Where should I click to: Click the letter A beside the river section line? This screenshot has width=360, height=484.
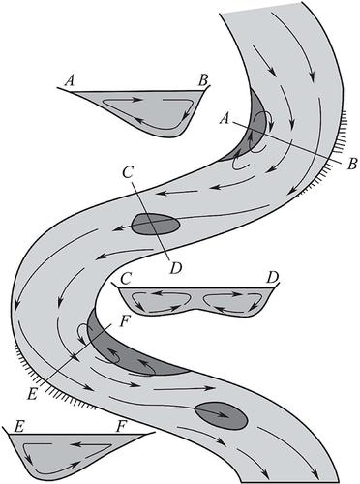225,119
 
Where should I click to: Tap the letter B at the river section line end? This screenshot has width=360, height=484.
352,164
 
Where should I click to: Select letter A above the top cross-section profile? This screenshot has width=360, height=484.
70,80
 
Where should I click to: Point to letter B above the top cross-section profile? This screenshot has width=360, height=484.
203,80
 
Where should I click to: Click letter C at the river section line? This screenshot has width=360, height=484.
128,173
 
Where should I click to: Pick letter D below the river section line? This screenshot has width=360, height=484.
176,268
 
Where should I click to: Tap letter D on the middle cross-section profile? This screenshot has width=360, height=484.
273,277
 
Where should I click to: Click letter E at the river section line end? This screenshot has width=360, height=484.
32,395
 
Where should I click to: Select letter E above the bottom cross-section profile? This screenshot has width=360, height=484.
19,427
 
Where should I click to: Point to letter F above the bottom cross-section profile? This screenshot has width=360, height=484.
121,427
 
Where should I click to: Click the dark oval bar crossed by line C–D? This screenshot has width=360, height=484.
156,224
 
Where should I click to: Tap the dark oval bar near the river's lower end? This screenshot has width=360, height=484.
222,415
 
